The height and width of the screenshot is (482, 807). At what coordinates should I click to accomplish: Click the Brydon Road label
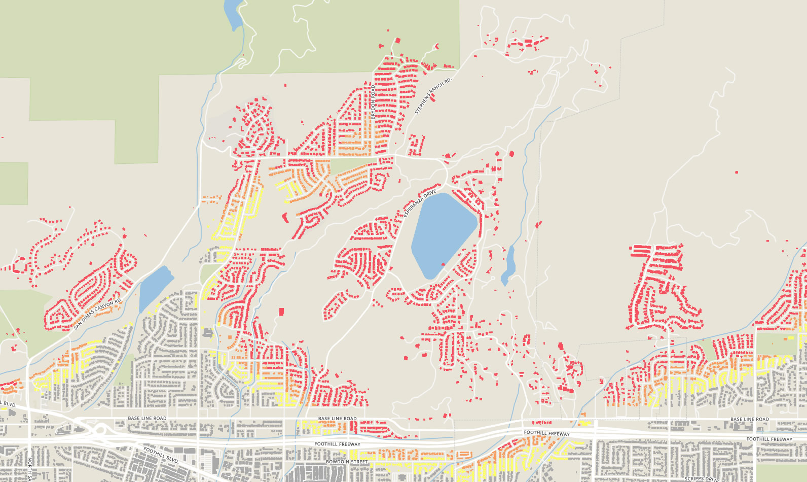[373, 102]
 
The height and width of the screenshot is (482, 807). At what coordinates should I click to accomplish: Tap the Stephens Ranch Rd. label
[433, 96]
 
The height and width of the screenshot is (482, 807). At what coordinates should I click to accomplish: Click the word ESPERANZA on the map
[413, 206]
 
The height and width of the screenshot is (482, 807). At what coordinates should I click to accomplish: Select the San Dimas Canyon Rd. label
[98, 314]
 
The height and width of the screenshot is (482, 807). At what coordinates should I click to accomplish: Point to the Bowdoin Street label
[347, 462]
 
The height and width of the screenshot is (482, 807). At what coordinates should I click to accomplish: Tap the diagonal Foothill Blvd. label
[161, 456]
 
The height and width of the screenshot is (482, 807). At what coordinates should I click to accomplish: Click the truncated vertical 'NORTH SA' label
[29, 469]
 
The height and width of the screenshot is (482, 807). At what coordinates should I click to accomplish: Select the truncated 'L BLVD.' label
[9, 404]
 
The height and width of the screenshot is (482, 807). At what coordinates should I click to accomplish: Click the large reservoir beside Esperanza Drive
[442, 233]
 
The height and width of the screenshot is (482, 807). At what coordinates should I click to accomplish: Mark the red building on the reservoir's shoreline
[443, 264]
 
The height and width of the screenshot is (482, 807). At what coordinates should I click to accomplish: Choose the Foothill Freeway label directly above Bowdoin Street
[337, 444]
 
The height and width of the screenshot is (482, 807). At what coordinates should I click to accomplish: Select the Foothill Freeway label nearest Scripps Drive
[769, 439]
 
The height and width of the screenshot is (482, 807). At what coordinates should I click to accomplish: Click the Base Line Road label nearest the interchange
[147, 418]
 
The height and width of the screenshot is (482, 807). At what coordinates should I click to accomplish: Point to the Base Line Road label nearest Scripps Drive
[749, 419]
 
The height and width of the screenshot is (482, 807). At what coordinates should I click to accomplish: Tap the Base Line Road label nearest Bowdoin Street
[337, 419]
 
